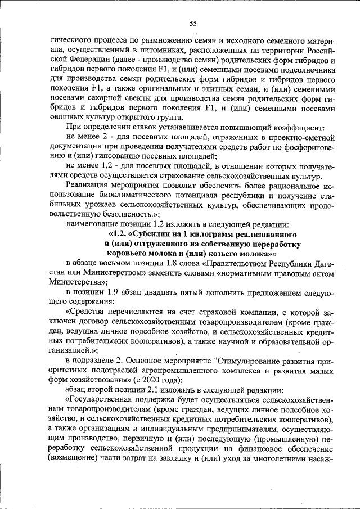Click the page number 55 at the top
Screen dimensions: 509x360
[192, 23]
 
